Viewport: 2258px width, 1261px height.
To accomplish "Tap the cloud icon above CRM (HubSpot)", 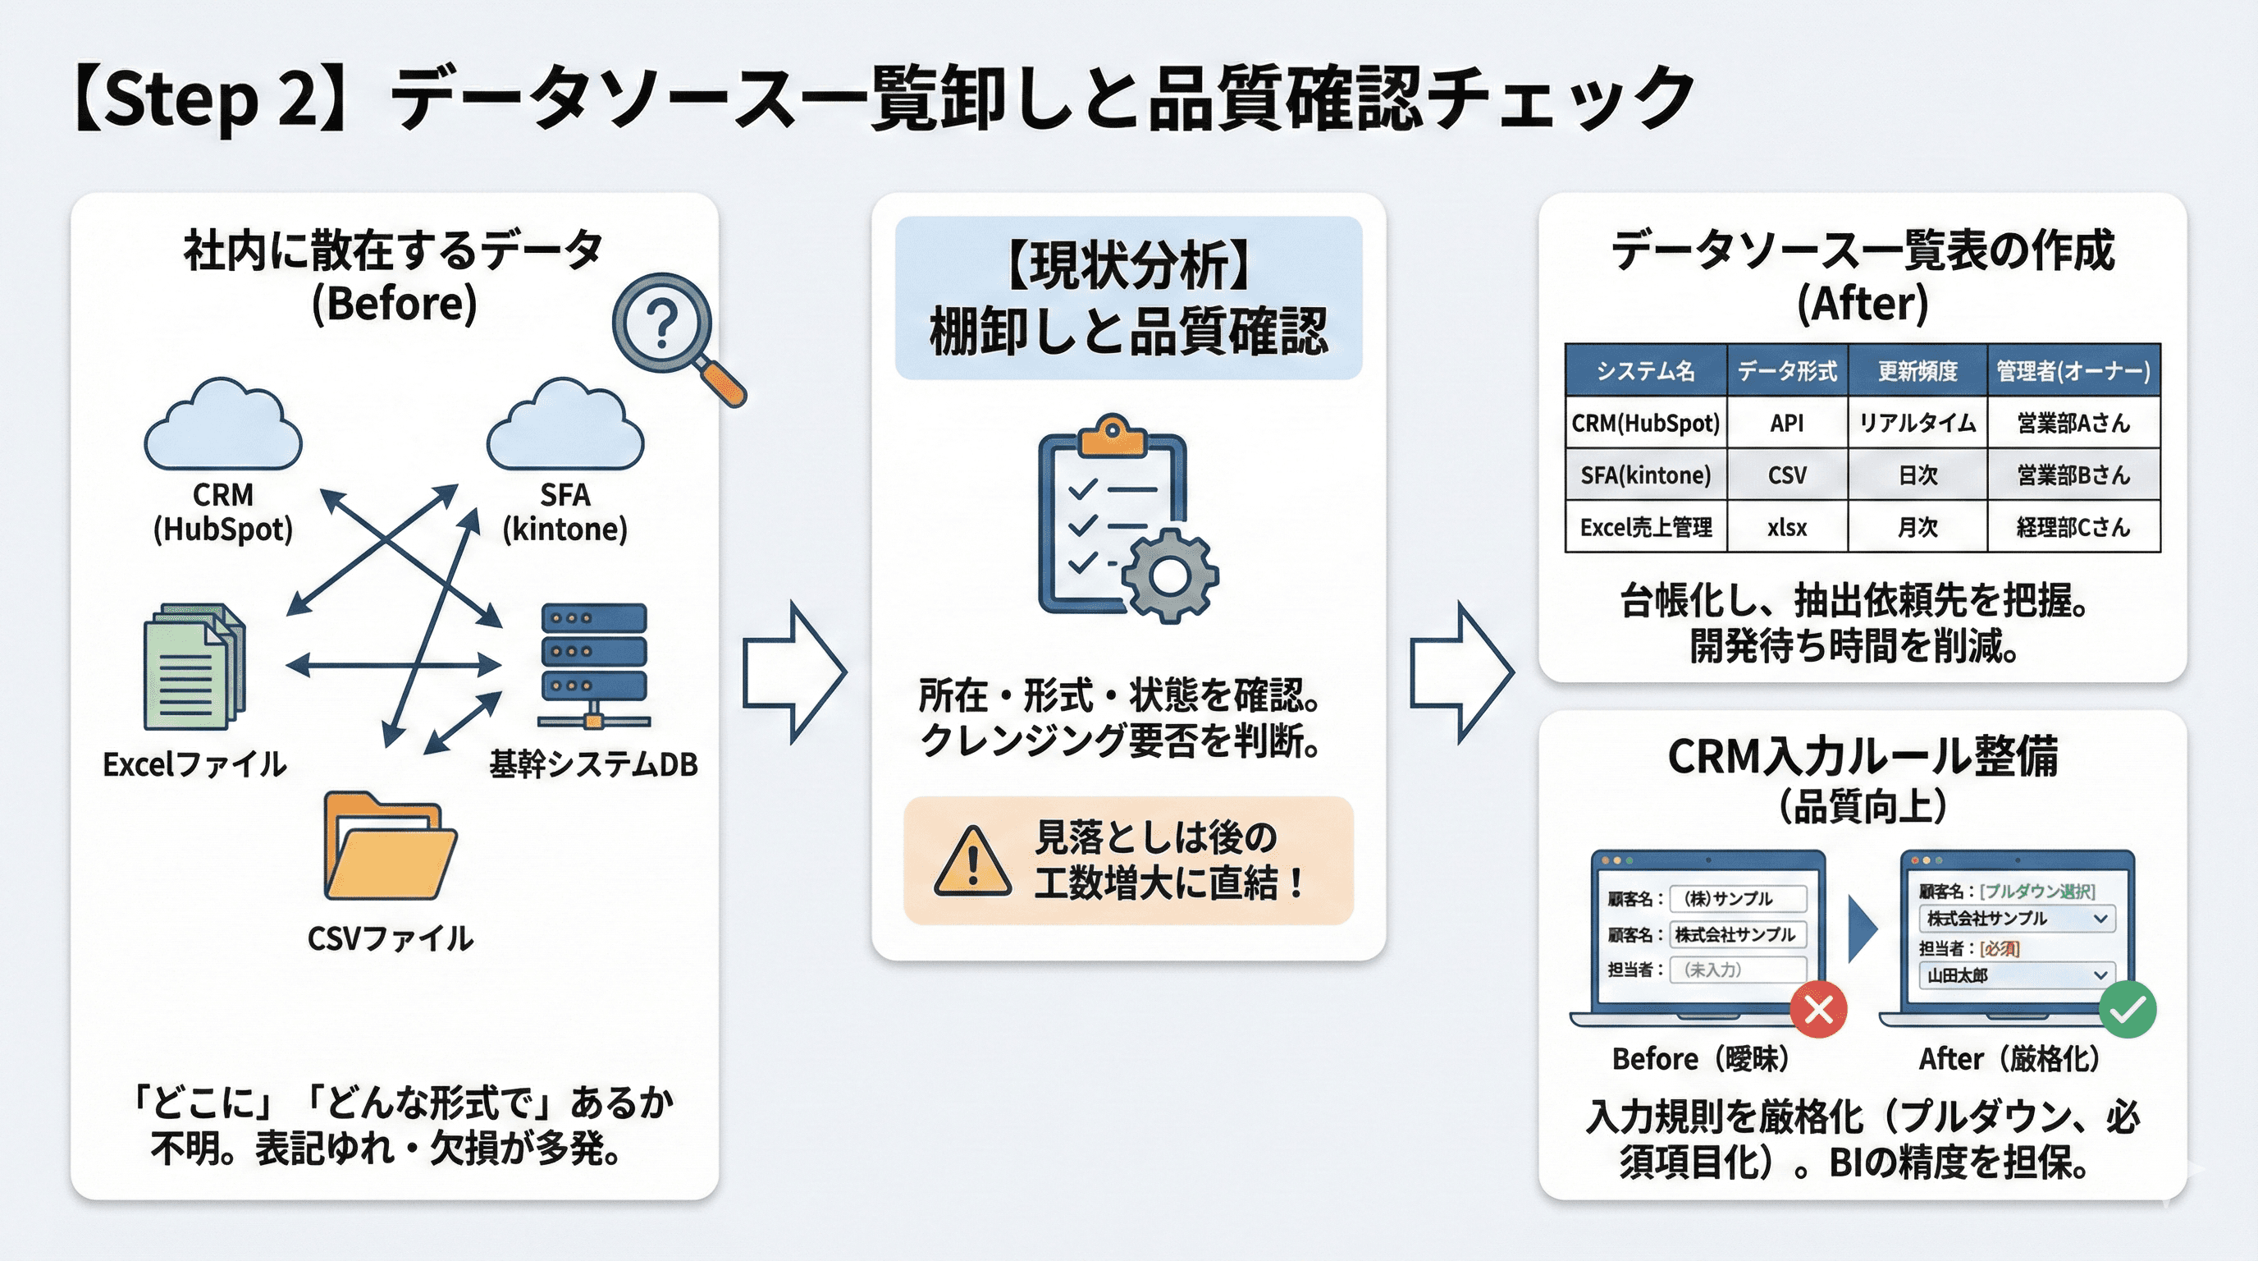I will tap(222, 428).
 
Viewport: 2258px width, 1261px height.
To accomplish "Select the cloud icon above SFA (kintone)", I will tap(564, 428).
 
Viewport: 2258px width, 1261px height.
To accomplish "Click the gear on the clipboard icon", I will tap(1169, 575).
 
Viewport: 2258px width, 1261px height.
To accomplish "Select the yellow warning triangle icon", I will tap(972, 862).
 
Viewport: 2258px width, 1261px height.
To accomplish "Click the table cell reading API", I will tap(1786, 424).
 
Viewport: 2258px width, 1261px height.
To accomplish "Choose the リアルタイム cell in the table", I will tap(1917, 424).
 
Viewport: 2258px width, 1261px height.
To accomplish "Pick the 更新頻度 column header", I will tap(1917, 371).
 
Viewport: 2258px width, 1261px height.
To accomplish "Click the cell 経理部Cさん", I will tap(2073, 527).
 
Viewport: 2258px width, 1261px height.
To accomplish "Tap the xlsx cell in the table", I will tap(1786, 527).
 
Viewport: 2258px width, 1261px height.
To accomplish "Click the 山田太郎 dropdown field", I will tap(2016, 975).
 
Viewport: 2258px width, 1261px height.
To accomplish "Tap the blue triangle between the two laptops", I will tap(1862, 929).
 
